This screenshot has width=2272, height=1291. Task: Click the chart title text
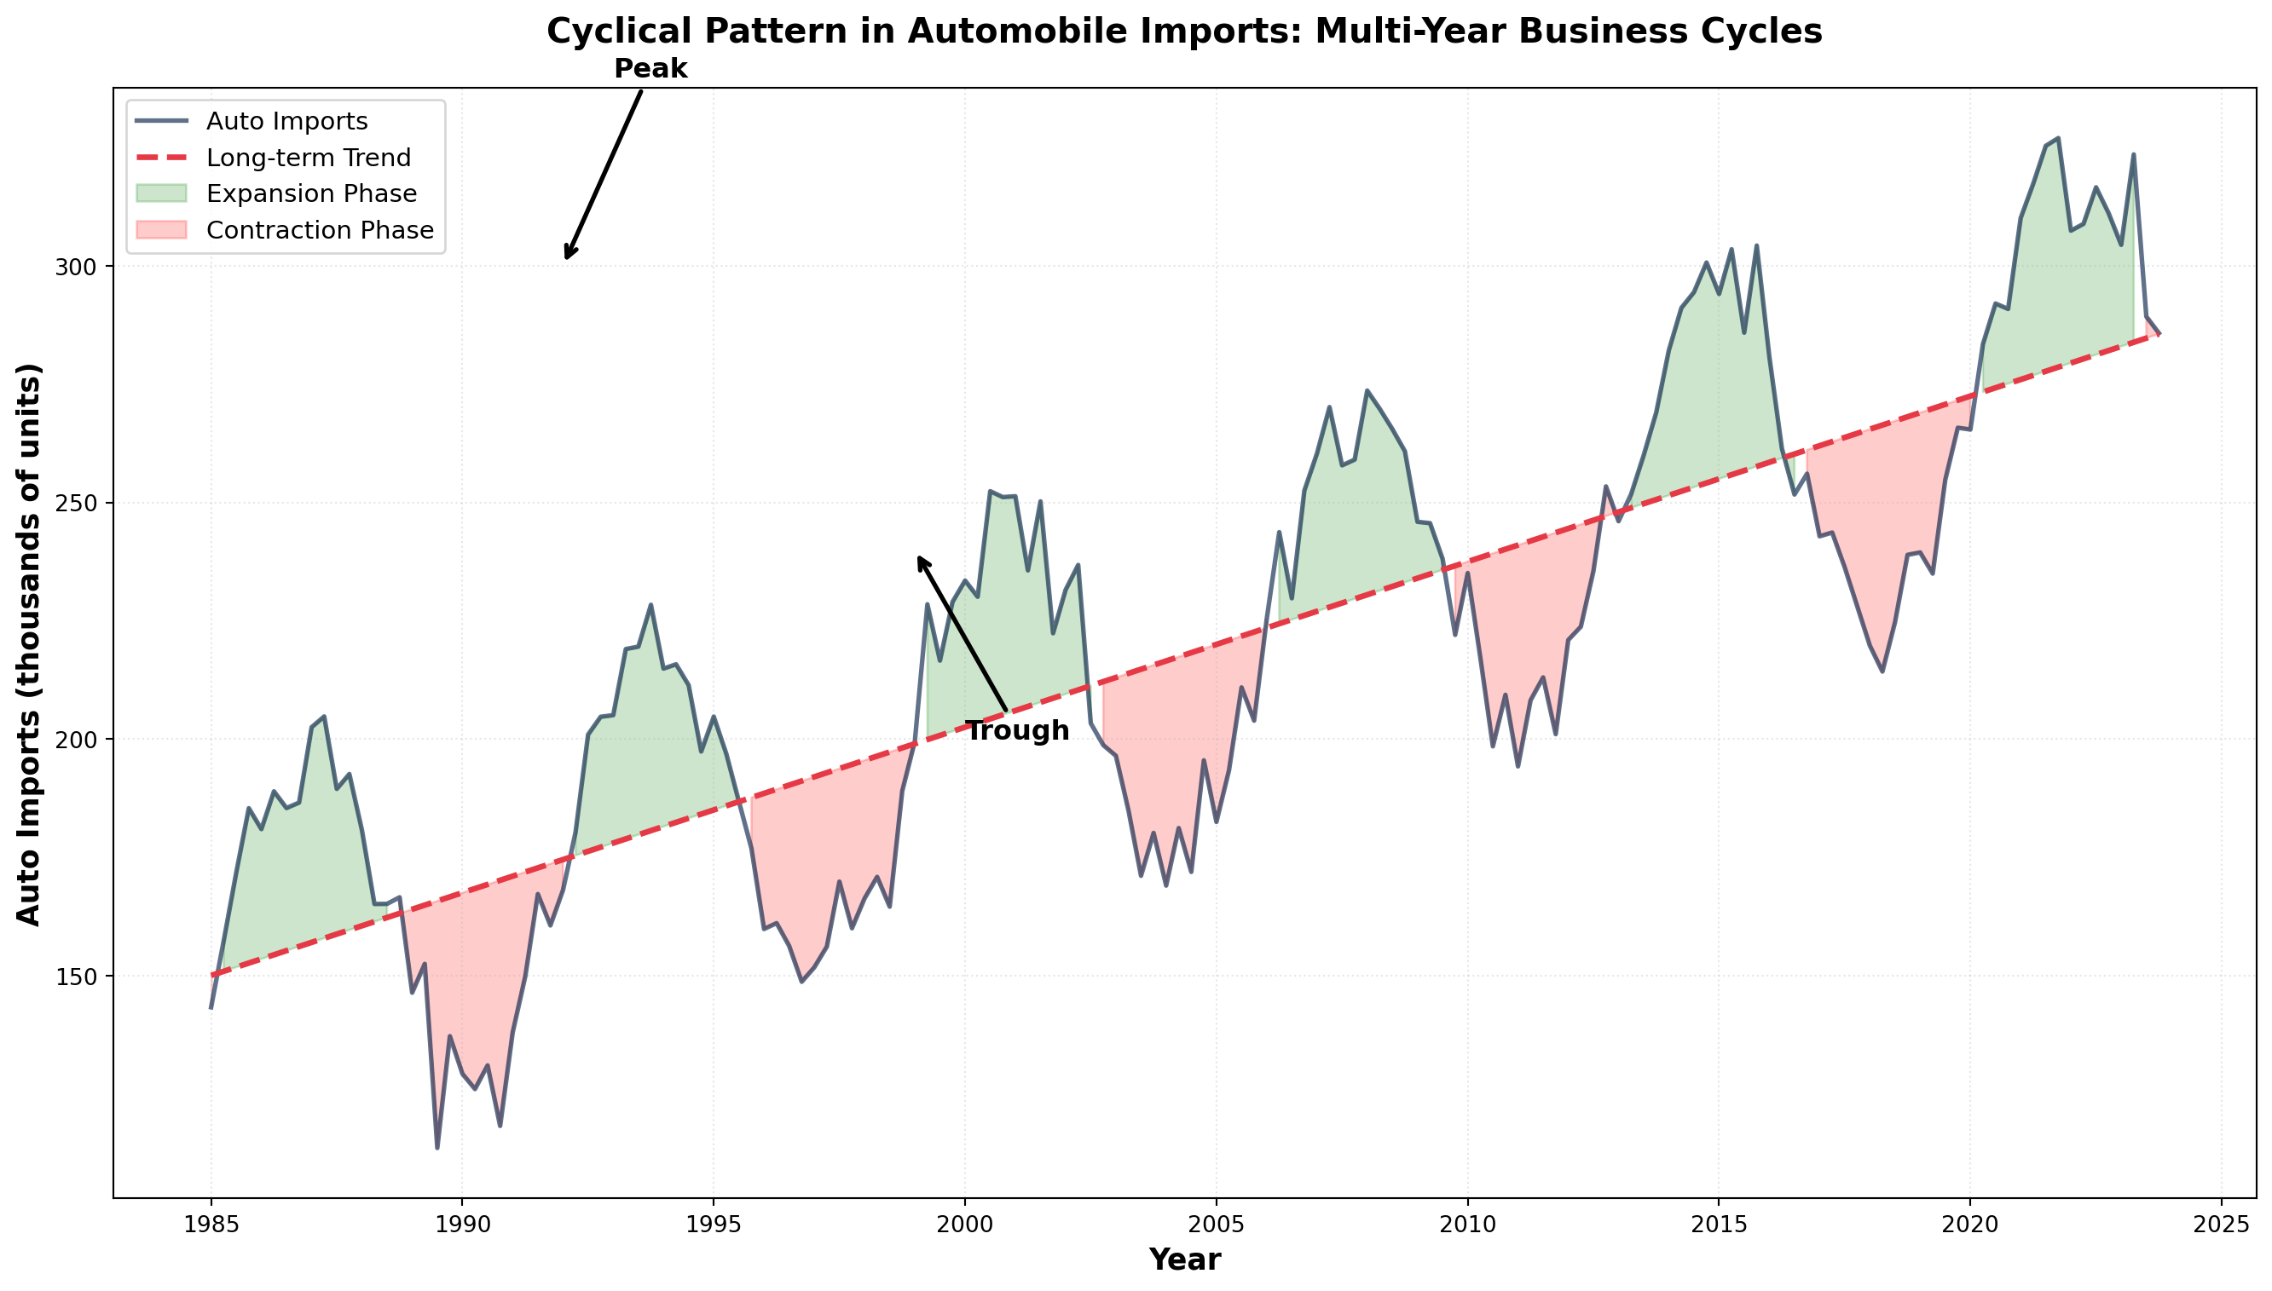1184,32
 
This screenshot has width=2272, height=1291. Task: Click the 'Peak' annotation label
650,68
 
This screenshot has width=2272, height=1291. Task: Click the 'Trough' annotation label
1016,731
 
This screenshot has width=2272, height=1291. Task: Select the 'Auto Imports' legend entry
286,121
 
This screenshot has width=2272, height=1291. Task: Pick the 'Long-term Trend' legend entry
308,158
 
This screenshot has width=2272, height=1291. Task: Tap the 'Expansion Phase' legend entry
310,193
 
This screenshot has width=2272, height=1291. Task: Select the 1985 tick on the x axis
211,1225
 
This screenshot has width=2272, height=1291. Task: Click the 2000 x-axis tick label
965,1225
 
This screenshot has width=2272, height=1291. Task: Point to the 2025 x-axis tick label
2221,1225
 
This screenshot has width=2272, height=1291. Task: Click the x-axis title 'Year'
1184,1260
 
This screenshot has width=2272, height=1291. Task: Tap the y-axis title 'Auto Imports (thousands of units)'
29,643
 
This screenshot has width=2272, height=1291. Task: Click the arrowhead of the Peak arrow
567,258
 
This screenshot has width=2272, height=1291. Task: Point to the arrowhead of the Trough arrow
919,557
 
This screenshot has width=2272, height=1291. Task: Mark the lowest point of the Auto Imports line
437,1148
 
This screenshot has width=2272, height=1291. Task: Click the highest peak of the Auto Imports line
2058,138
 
